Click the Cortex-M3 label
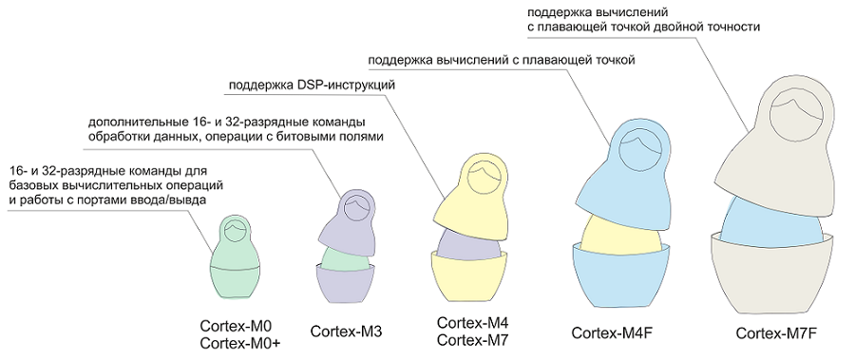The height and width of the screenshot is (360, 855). click(346, 331)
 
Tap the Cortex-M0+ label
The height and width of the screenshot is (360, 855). click(239, 343)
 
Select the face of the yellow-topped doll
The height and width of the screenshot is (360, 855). click(485, 179)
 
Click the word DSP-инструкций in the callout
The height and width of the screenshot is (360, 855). click(349, 87)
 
